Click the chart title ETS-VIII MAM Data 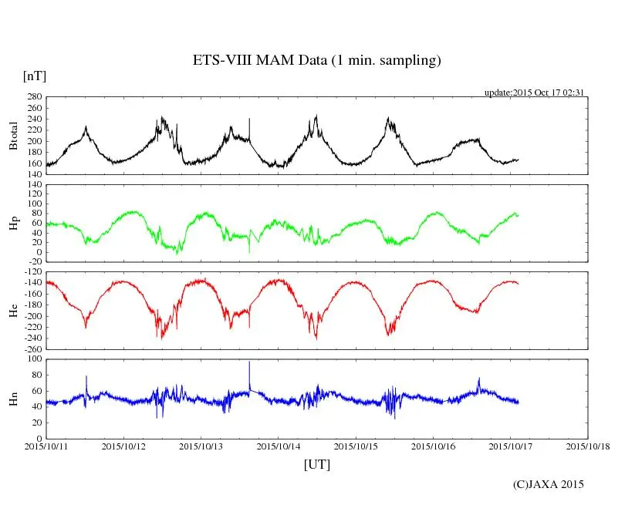point(316,61)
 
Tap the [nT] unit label point(35,76)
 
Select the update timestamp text point(533,93)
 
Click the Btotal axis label point(13,136)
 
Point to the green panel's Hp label point(13,224)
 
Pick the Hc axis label point(13,311)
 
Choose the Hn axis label point(13,399)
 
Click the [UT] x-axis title point(316,464)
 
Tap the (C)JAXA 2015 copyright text point(549,484)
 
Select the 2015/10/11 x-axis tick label point(46,446)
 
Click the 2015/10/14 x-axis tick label point(279,446)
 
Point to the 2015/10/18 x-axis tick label point(588,446)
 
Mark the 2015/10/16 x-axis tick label point(434,446)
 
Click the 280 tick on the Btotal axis point(34,97)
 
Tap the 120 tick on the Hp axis point(34,185)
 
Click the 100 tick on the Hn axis point(34,359)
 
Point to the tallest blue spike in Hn point(249,362)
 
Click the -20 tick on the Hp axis point(34,261)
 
